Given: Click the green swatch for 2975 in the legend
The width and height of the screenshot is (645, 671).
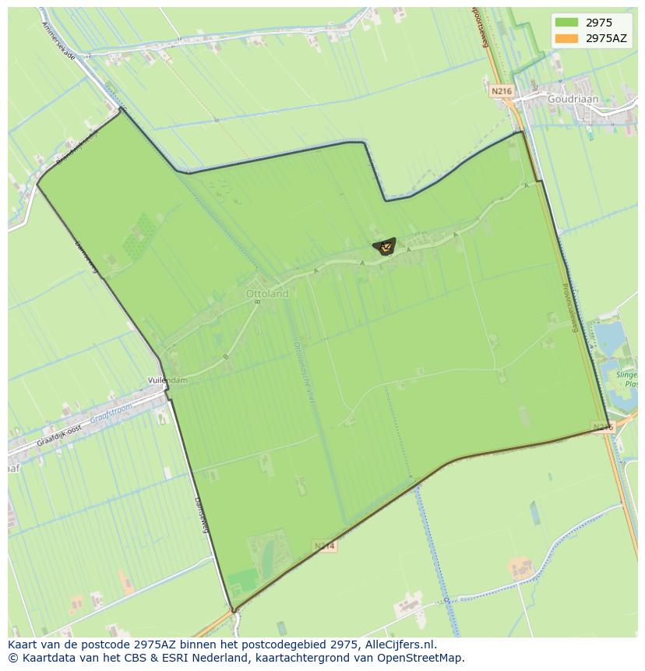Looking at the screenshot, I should [566, 23].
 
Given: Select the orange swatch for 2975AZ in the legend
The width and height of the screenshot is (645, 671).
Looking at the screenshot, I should [566, 38].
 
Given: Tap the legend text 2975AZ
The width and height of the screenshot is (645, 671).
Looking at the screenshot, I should [606, 38].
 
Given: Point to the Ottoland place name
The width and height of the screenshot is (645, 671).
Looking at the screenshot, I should [267, 294].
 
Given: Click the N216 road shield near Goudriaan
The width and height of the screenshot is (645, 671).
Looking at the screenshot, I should [502, 91].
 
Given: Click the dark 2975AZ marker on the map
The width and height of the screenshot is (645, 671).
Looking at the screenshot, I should [384, 247].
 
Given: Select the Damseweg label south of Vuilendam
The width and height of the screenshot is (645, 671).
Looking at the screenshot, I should [202, 514].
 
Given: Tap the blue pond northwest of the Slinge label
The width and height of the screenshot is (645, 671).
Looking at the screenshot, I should [608, 337].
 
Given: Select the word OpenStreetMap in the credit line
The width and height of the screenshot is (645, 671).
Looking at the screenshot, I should [421, 658].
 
